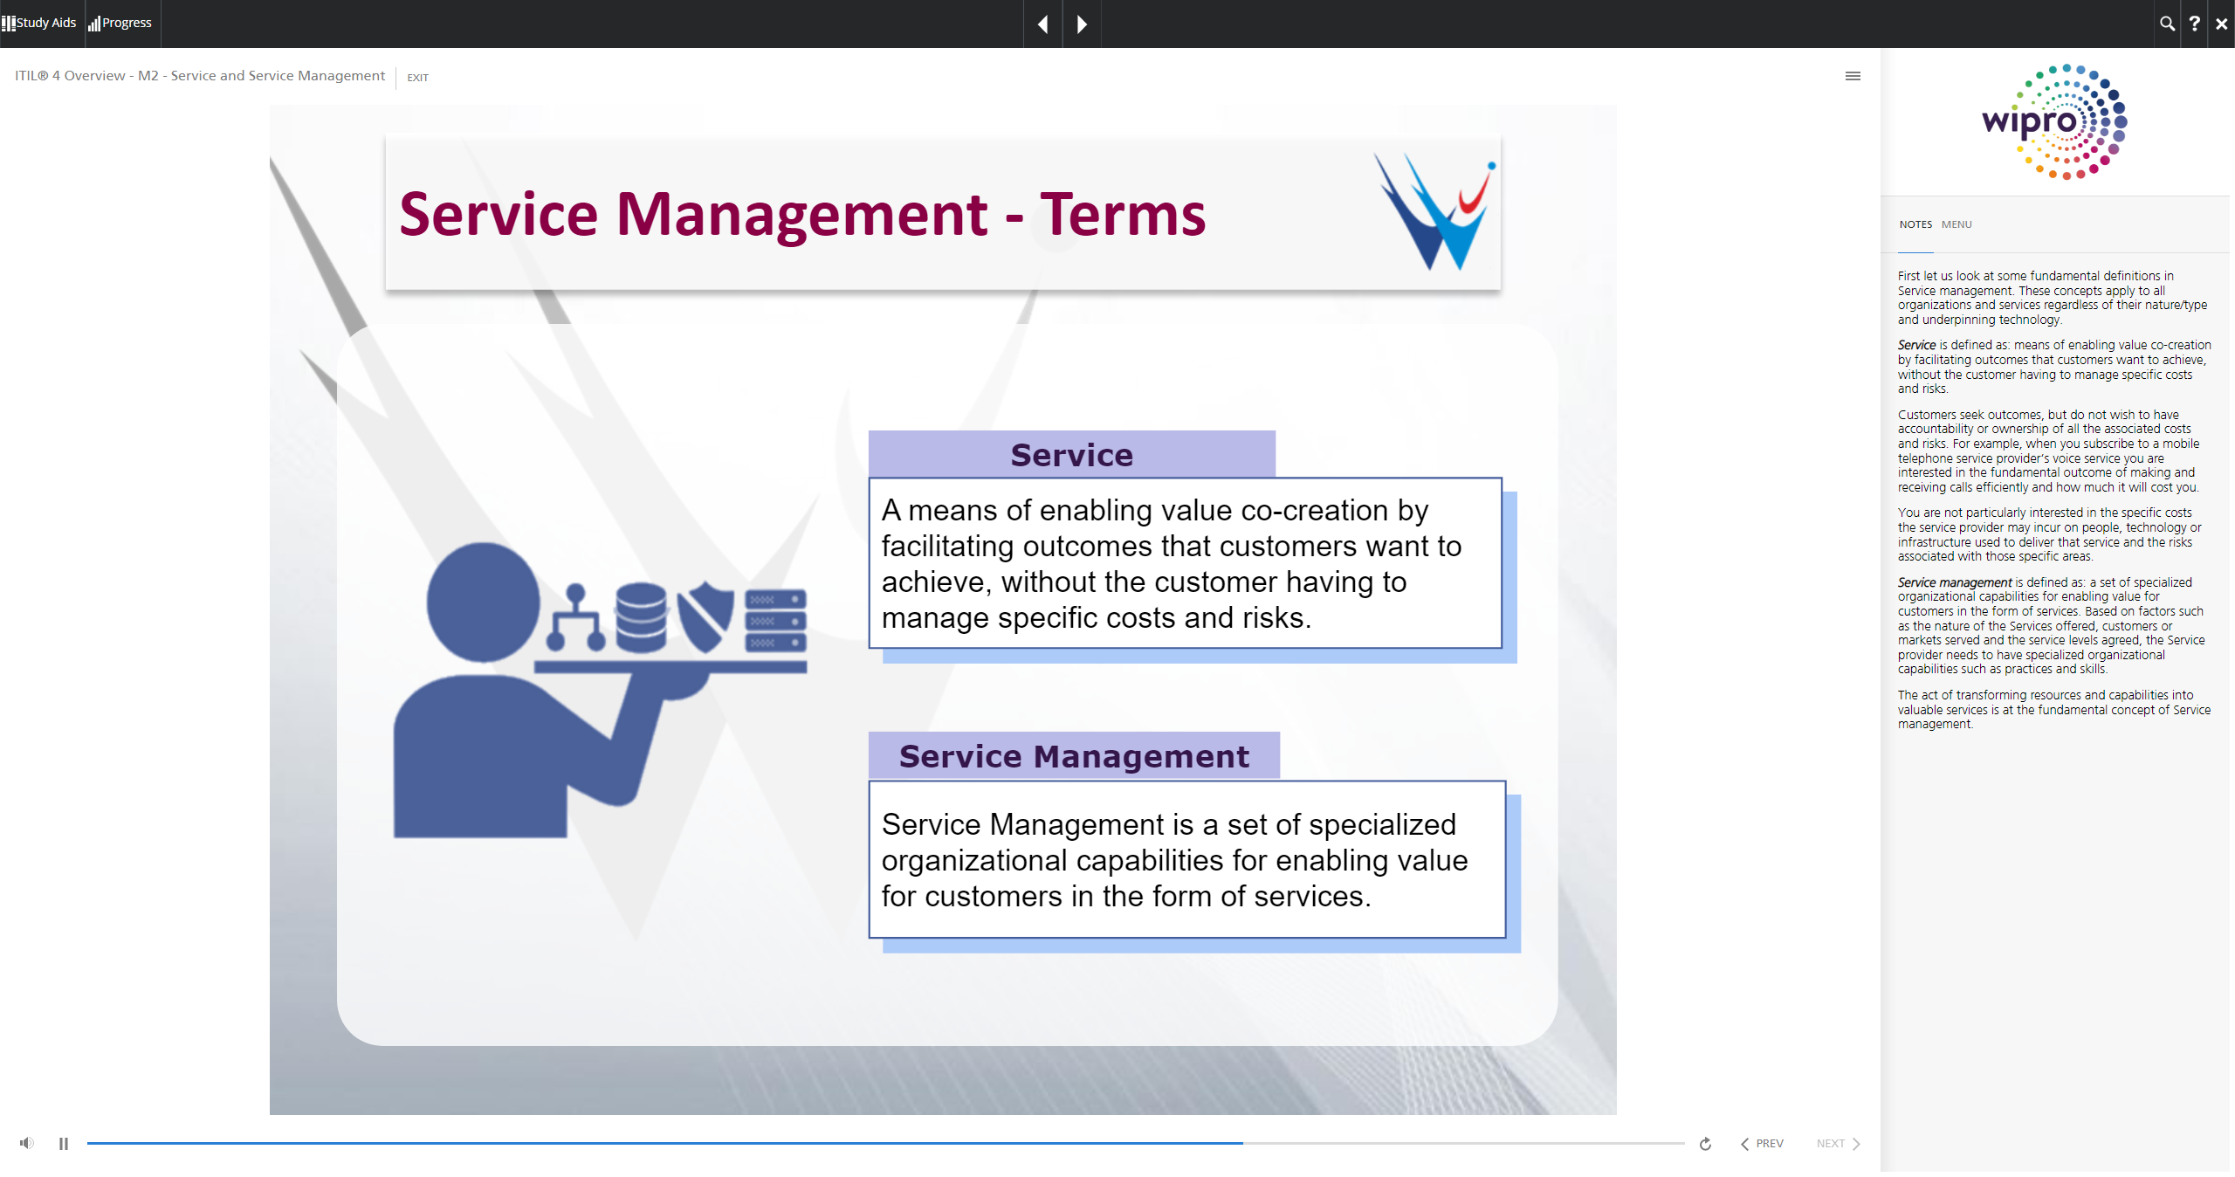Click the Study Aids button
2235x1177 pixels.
coord(39,23)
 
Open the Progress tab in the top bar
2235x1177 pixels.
coord(120,23)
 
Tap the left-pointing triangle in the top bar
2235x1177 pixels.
coord(1042,24)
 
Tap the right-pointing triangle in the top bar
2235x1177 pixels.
coord(1082,24)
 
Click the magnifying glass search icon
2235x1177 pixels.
coord(2167,24)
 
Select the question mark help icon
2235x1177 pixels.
coord(2194,24)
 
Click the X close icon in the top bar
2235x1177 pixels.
coord(2222,24)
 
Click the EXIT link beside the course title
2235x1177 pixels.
coord(417,78)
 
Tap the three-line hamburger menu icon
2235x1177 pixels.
coord(1853,76)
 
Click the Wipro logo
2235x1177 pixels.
coord(2054,121)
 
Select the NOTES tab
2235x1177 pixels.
coord(1915,224)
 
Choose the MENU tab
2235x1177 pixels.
coord(1956,224)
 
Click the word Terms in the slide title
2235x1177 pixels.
coord(1123,214)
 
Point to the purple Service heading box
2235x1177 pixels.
coord(1072,454)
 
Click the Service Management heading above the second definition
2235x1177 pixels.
coord(1074,756)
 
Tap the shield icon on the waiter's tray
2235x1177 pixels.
coord(705,617)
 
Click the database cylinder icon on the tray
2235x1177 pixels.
coord(642,617)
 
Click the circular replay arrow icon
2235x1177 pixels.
coord(1705,1144)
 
